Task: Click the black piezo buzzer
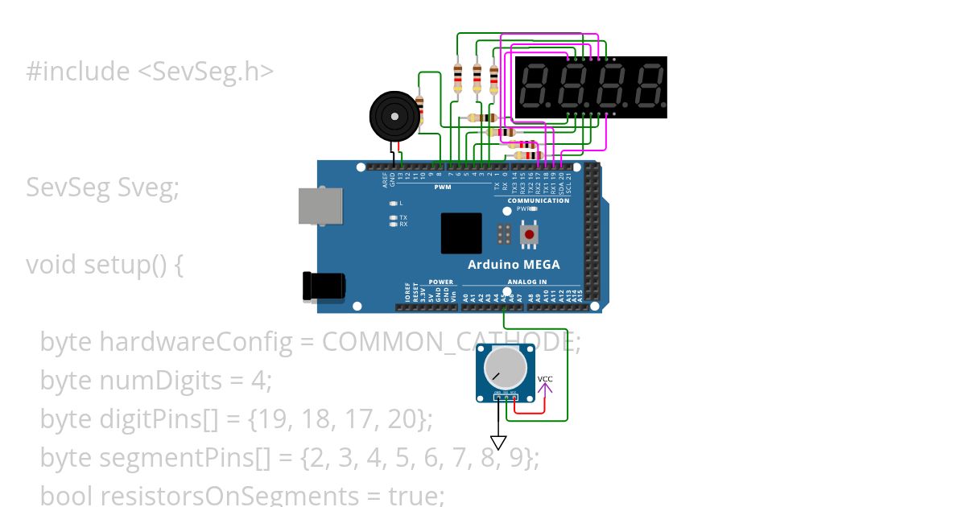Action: [x=395, y=117]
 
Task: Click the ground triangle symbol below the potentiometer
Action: [x=498, y=443]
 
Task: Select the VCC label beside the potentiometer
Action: [x=545, y=379]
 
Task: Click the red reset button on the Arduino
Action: [x=530, y=234]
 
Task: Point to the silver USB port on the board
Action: [x=320, y=206]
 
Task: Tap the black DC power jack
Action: [x=323, y=286]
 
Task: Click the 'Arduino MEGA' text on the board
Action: [x=514, y=265]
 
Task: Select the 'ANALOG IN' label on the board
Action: [x=526, y=282]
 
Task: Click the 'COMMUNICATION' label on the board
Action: [x=539, y=200]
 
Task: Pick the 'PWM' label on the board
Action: [x=442, y=188]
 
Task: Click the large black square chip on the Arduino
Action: [x=461, y=233]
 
